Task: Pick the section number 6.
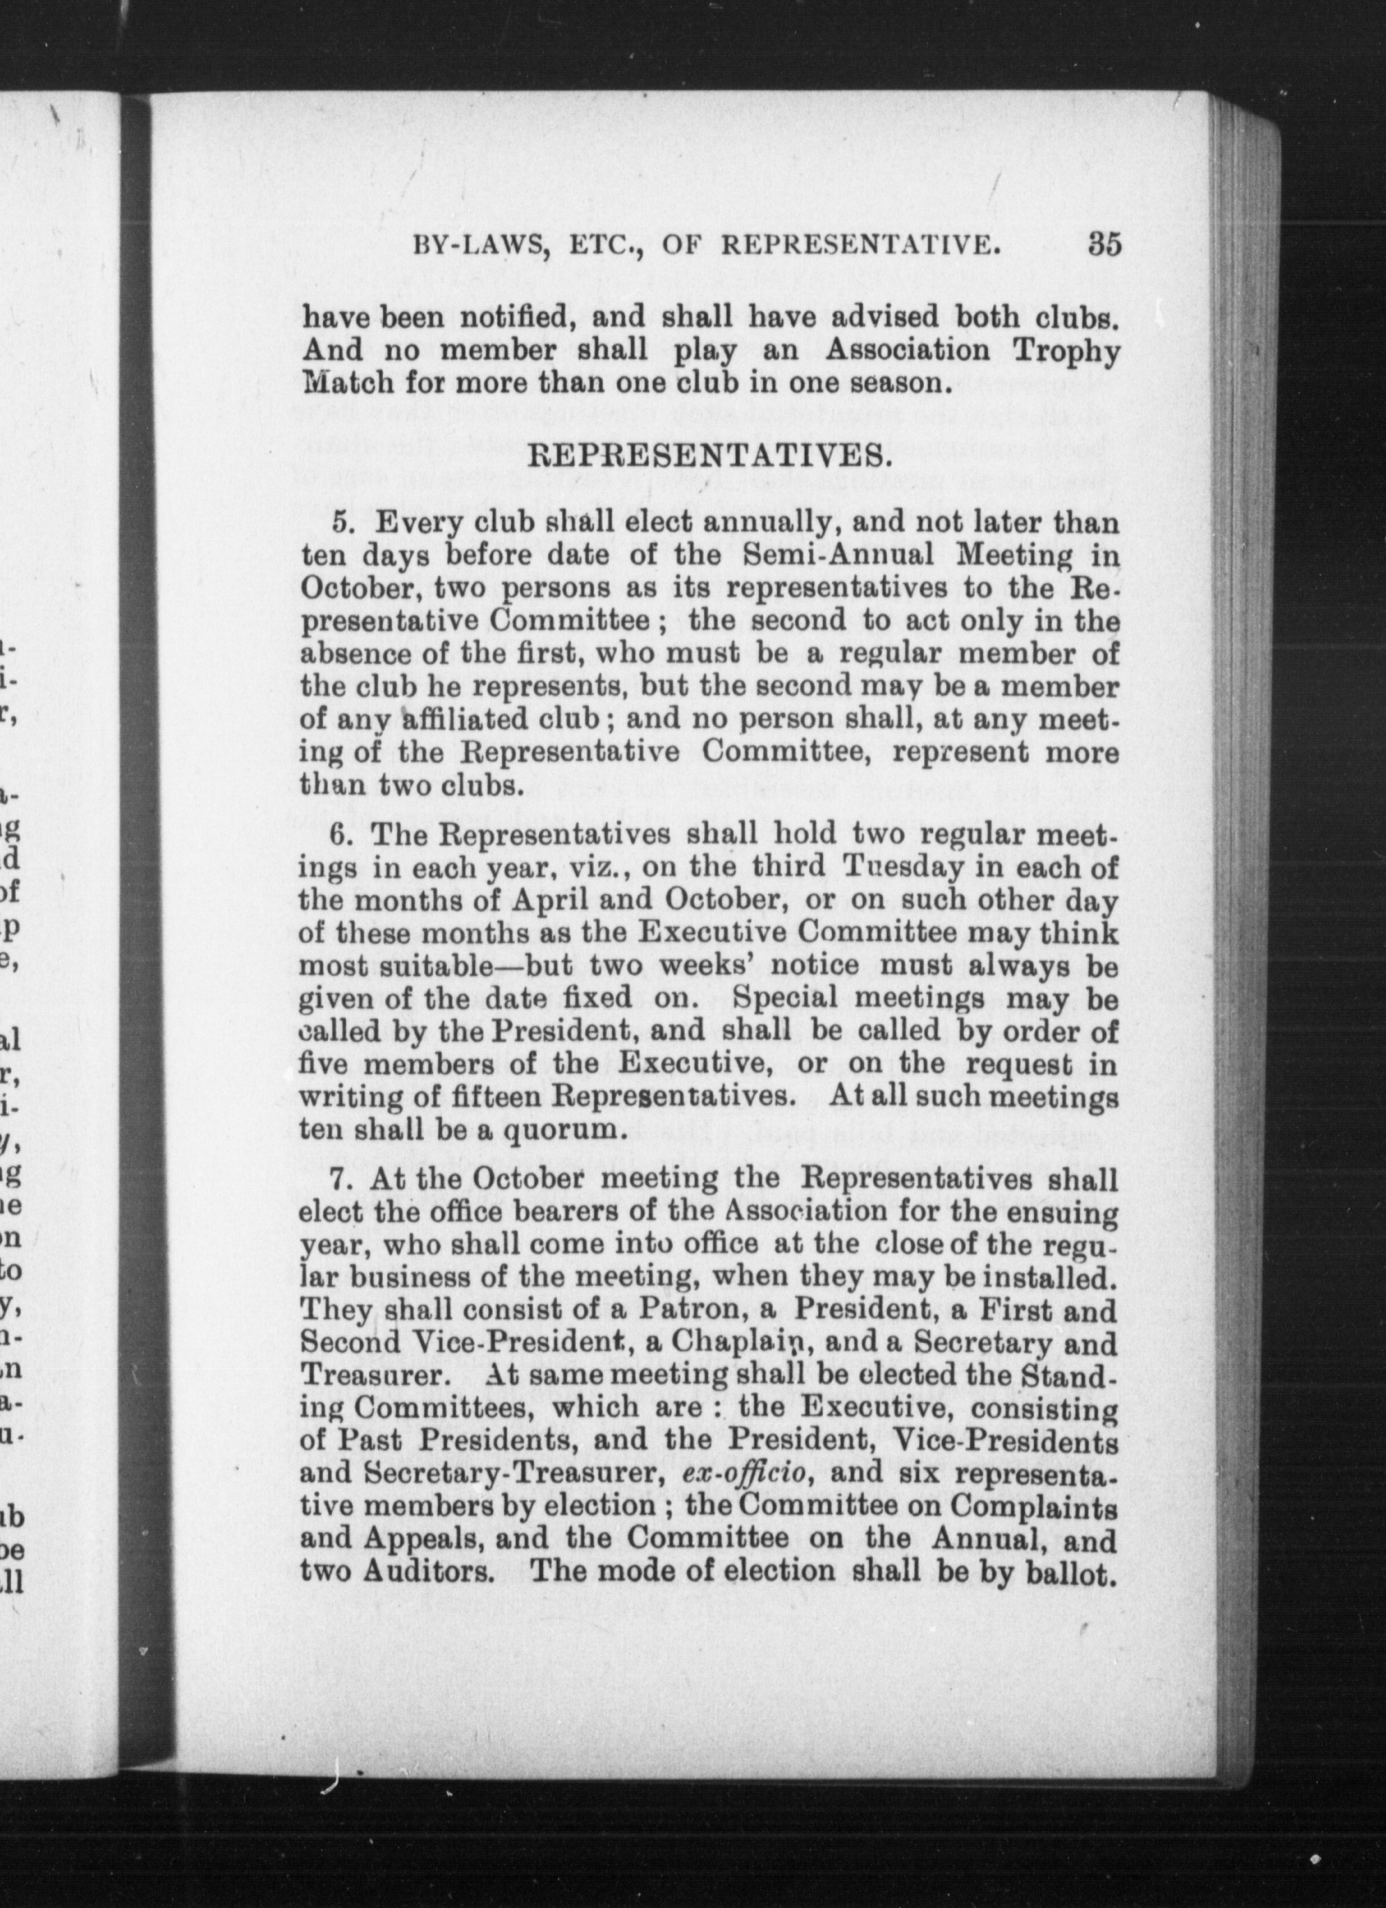[x=340, y=835]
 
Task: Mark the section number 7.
[x=340, y=1179]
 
